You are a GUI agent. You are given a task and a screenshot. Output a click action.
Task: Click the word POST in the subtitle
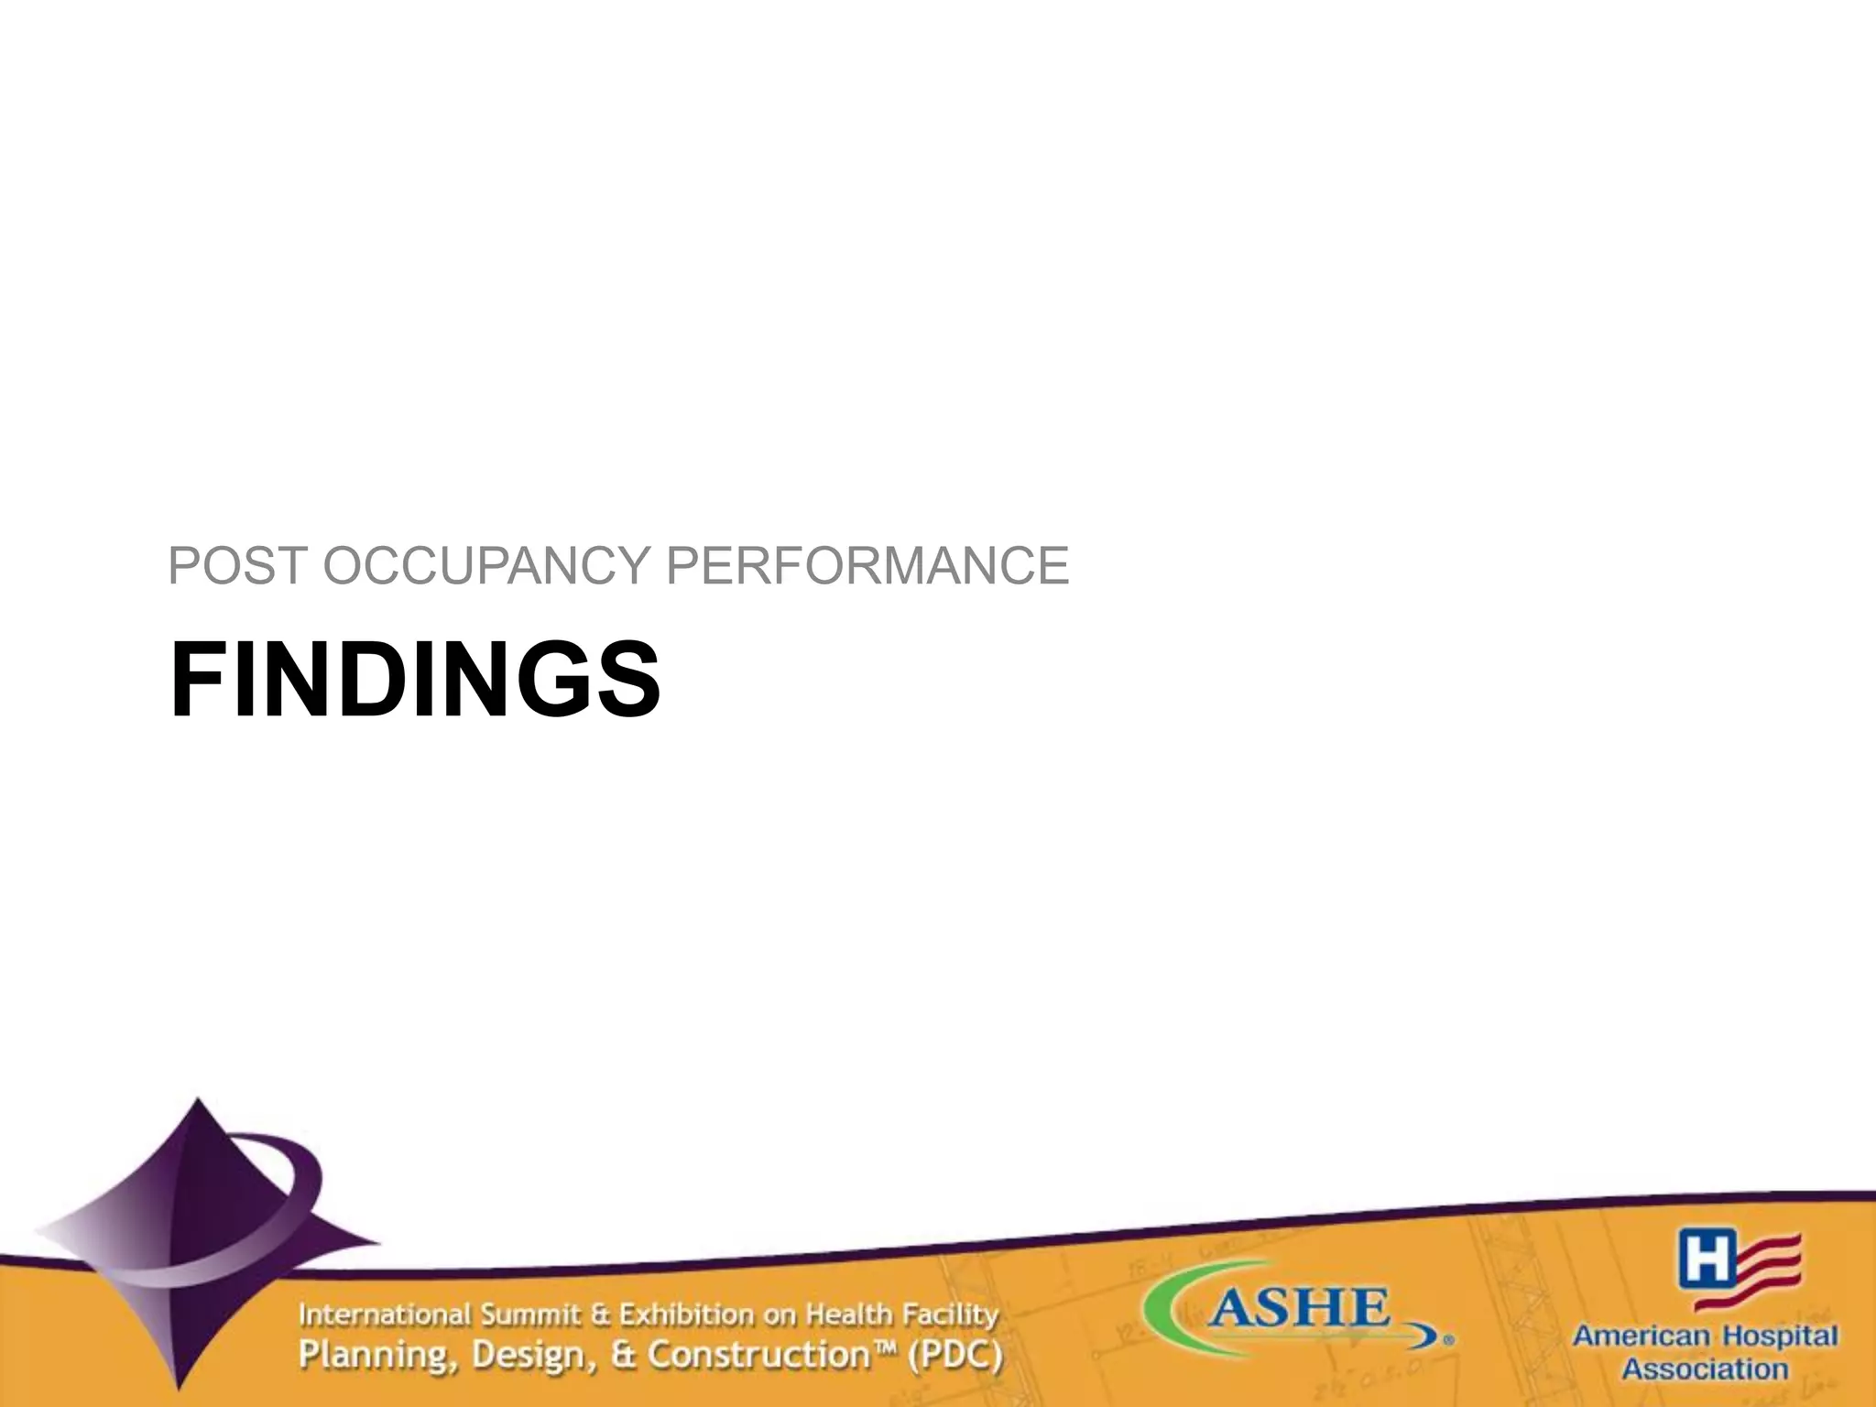[x=236, y=565]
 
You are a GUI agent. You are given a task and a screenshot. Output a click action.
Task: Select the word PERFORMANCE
[x=867, y=565]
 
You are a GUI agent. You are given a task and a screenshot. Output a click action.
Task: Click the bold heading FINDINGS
[x=414, y=681]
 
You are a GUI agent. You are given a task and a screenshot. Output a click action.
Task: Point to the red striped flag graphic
[x=1769, y=1269]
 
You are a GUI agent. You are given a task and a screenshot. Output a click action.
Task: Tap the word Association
[x=1706, y=1370]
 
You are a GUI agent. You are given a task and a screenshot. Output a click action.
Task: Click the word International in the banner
[x=385, y=1315]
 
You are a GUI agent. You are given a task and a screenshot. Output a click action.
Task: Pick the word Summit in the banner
[x=531, y=1315]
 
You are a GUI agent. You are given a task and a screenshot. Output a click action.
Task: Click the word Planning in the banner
[x=376, y=1356]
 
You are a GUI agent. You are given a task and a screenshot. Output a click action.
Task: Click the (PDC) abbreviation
[x=954, y=1356]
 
